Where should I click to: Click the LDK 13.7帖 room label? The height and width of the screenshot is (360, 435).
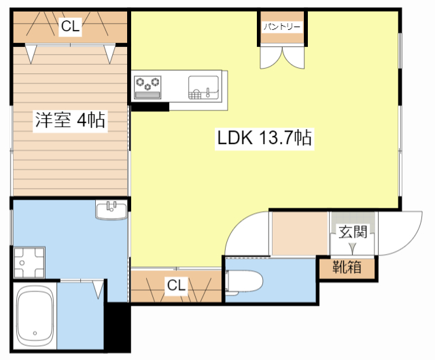(264, 139)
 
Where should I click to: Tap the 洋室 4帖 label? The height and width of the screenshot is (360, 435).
(70, 121)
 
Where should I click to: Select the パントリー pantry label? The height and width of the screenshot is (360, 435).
(283, 27)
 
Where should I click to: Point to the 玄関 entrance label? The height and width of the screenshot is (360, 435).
(353, 231)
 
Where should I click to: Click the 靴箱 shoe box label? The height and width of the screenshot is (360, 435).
(347, 268)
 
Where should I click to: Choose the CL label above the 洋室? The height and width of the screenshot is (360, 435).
(70, 26)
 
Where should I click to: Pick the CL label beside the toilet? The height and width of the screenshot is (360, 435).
(176, 286)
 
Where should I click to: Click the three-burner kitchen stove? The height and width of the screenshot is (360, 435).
(148, 85)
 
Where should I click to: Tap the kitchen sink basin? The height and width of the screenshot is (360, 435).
(203, 86)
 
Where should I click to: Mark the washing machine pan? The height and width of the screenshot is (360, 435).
(27, 262)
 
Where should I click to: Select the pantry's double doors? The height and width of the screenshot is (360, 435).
(283, 58)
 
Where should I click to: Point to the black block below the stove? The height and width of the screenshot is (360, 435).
(150, 106)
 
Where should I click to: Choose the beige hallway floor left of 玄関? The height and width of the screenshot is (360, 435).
(300, 233)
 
